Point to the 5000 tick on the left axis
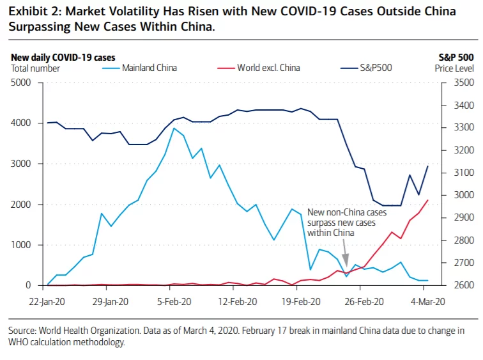(21, 82)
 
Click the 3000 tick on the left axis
(21, 164)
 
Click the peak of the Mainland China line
(174, 129)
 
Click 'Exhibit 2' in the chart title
(33, 12)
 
